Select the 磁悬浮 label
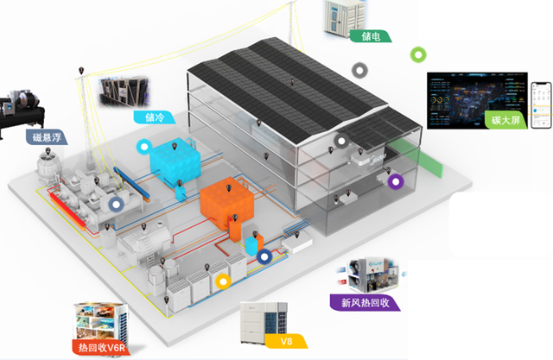46,136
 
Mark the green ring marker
417,54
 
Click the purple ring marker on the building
396,181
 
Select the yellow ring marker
223,281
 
